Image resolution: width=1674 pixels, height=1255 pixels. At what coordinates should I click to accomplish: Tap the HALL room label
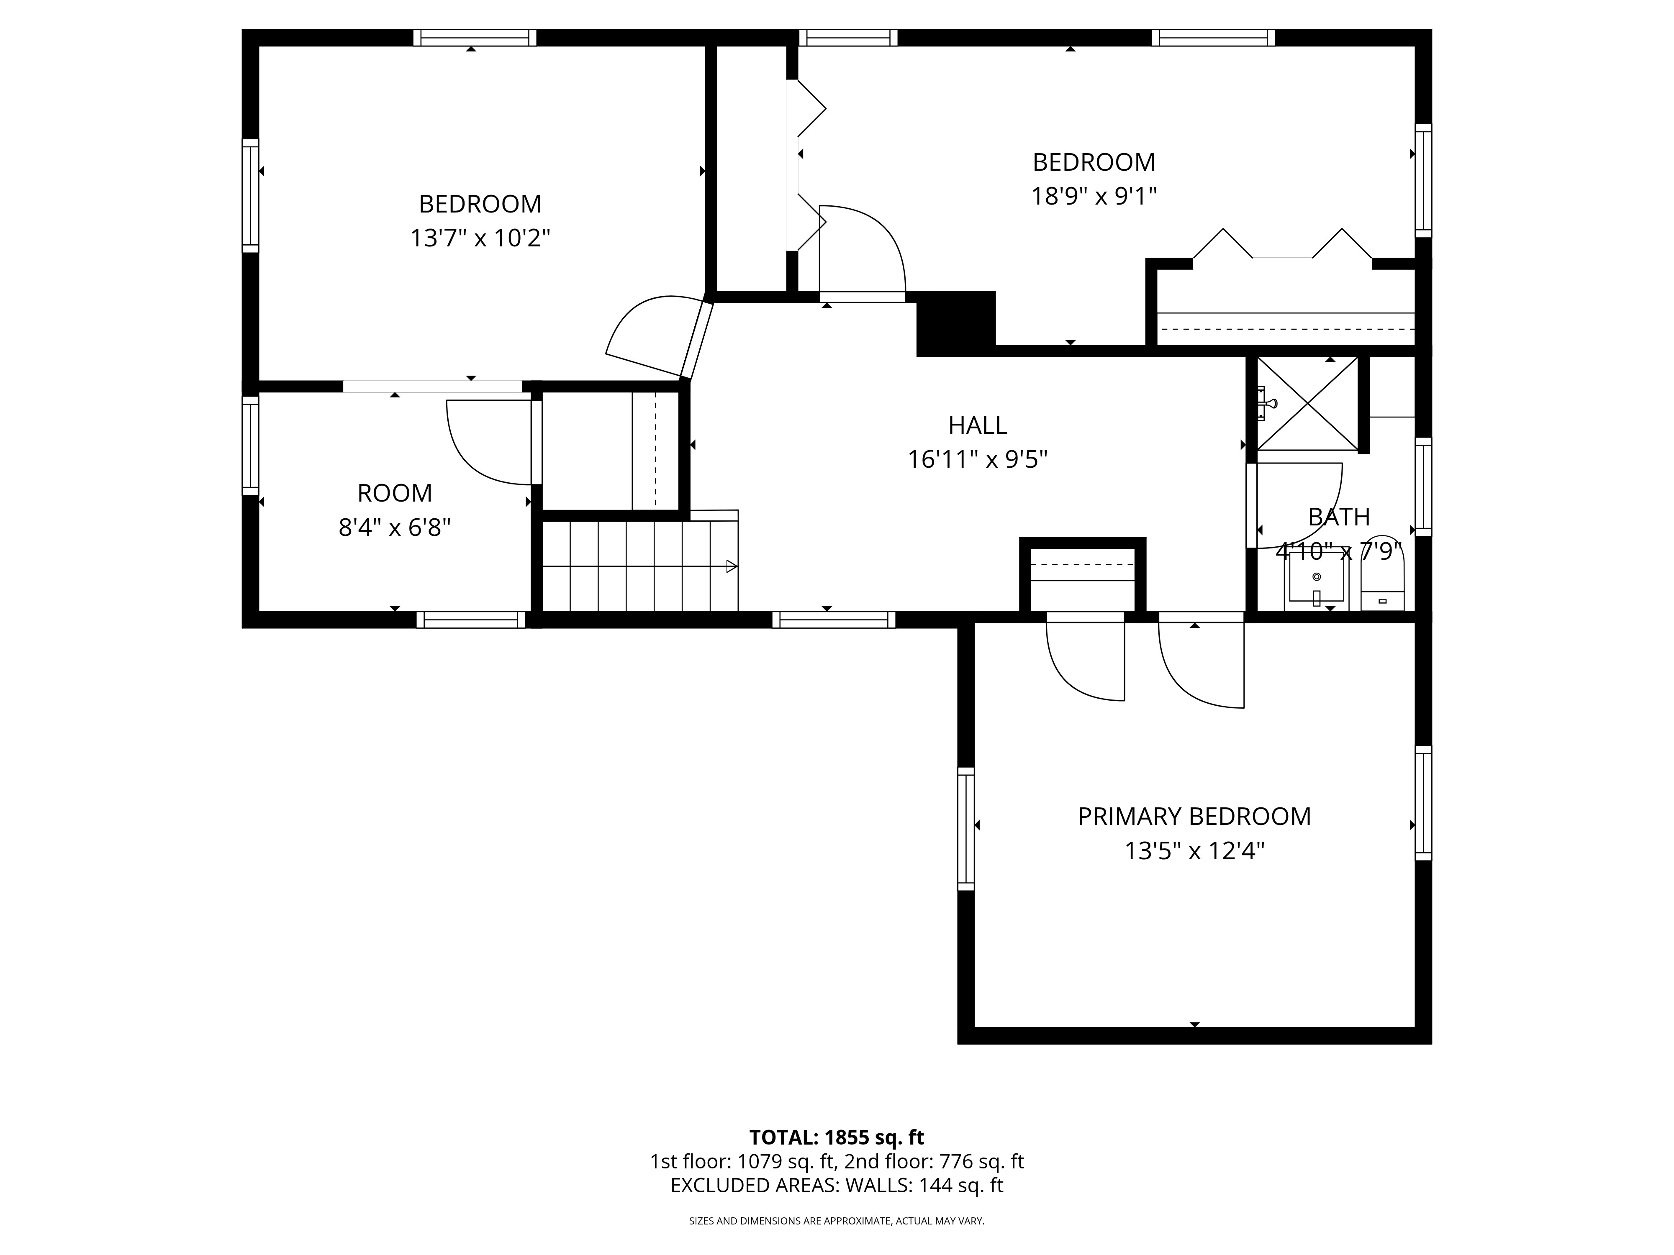pos(977,426)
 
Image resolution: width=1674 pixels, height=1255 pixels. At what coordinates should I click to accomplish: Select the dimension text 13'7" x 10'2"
pos(480,238)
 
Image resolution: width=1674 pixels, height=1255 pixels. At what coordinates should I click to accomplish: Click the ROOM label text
pos(394,493)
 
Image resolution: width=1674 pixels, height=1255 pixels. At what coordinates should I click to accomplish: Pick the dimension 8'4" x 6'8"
pos(394,527)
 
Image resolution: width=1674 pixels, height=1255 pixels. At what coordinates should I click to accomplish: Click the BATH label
pos(1339,517)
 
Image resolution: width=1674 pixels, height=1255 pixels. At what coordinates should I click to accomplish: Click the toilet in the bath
pos(1382,582)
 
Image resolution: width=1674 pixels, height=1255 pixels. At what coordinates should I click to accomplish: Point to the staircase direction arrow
pos(730,566)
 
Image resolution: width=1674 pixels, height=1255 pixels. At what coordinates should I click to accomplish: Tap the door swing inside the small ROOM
pos(484,446)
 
